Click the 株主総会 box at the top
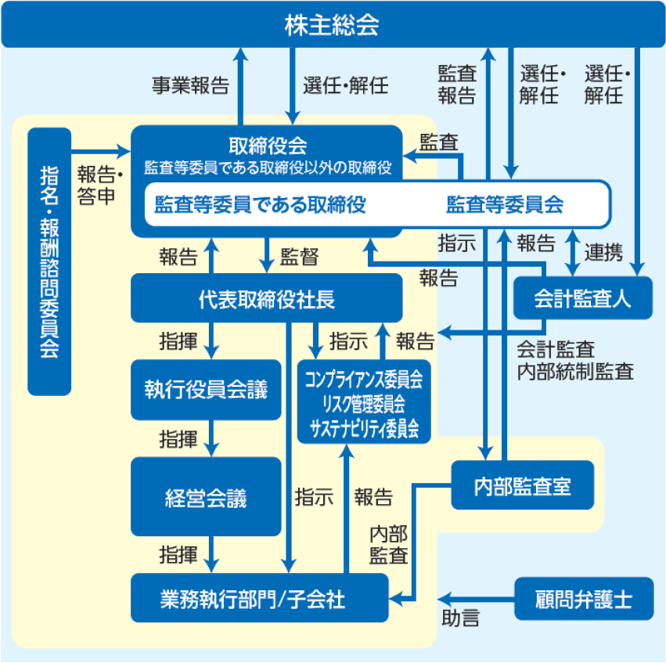[x=332, y=25]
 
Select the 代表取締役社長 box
[x=267, y=298]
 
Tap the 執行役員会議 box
[x=206, y=389]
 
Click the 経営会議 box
[x=206, y=497]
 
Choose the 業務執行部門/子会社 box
[x=259, y=599]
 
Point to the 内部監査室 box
[x=523, y=486]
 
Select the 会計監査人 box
[x=582, y=298]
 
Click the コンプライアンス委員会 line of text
[x=364, y=381]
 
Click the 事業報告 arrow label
[x=190, y=85]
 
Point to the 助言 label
[x=460, y=618]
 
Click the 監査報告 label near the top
[x=456, y=85]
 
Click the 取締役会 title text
[x=267, y=146]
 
